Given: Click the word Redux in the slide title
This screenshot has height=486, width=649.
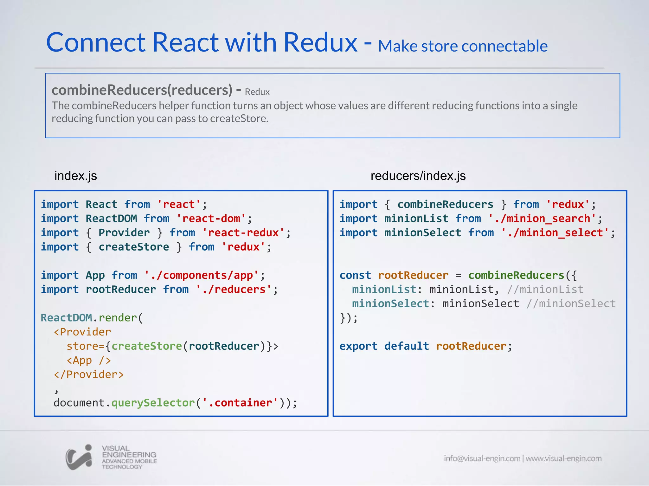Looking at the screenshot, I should (320, 43).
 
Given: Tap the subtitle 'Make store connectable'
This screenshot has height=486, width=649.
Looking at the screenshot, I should (463, 46).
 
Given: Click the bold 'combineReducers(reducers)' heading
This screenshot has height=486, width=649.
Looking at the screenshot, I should (142, 90).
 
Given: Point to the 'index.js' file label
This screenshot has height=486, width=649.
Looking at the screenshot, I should (75, 176).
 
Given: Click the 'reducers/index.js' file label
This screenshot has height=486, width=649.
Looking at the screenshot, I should (418, 176).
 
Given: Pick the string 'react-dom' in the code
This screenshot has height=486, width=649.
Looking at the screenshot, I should (211, 219).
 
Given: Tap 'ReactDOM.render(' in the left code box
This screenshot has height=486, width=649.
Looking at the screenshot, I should (92, 318).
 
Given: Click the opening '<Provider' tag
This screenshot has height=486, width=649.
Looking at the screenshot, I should (82, 332).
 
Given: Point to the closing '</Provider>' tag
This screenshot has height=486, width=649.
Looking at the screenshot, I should (89, 375).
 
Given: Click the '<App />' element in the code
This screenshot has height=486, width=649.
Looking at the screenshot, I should (89, 360).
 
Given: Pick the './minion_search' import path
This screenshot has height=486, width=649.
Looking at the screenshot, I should (542, 219).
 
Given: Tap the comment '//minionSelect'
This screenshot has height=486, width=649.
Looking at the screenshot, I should (571, 304).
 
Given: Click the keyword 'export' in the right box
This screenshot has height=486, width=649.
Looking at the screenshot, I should (358, 346).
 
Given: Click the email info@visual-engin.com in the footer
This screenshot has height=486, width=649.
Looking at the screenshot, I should (482, 458).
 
